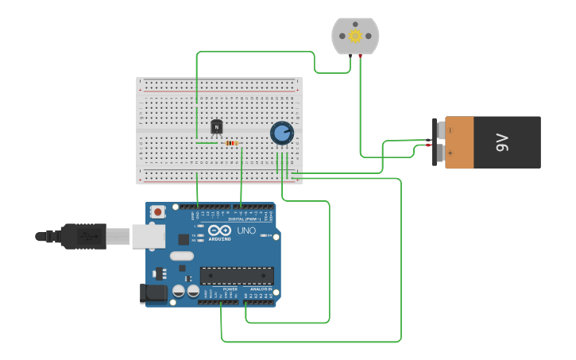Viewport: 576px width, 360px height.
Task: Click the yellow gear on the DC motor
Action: tap(355, 36)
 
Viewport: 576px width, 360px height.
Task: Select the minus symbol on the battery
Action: tap(450, 130)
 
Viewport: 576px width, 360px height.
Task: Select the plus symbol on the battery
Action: tap(450, 153)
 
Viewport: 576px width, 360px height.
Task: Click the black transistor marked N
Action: tap(217, 126)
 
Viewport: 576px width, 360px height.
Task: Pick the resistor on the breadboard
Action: tap(231, 143)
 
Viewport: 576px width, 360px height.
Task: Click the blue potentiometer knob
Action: tap(281, 133)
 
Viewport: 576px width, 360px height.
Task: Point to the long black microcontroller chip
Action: tap(237, 276)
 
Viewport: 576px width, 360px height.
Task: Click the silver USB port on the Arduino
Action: tap(149, 235)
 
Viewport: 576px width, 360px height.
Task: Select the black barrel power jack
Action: tap(154, 293)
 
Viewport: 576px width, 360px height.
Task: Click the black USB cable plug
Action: tap(83, 236)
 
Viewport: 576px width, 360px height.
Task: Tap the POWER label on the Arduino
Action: tap(230, 289)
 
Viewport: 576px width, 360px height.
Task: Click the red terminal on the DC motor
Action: tap(361, 55)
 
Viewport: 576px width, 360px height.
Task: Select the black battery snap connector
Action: tap(435, 142)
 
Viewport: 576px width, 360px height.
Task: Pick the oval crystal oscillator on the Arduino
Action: tap(181, 256)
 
